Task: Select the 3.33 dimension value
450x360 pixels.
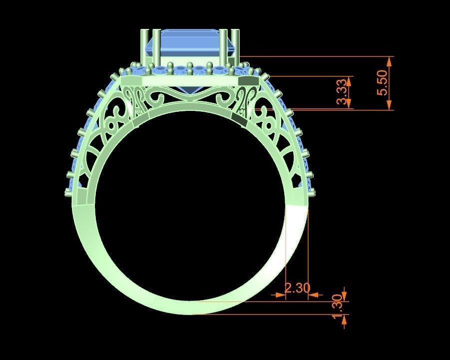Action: [x=342, y=93]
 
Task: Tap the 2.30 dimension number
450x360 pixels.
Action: [x=297, y=288]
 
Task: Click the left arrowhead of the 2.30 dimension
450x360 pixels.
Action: [x=280, y=295]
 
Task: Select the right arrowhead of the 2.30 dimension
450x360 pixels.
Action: [x=314, y=295]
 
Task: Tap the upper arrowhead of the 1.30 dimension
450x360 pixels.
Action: [x=345, y=295]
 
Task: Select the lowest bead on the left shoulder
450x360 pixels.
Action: [x=68, y=192]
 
